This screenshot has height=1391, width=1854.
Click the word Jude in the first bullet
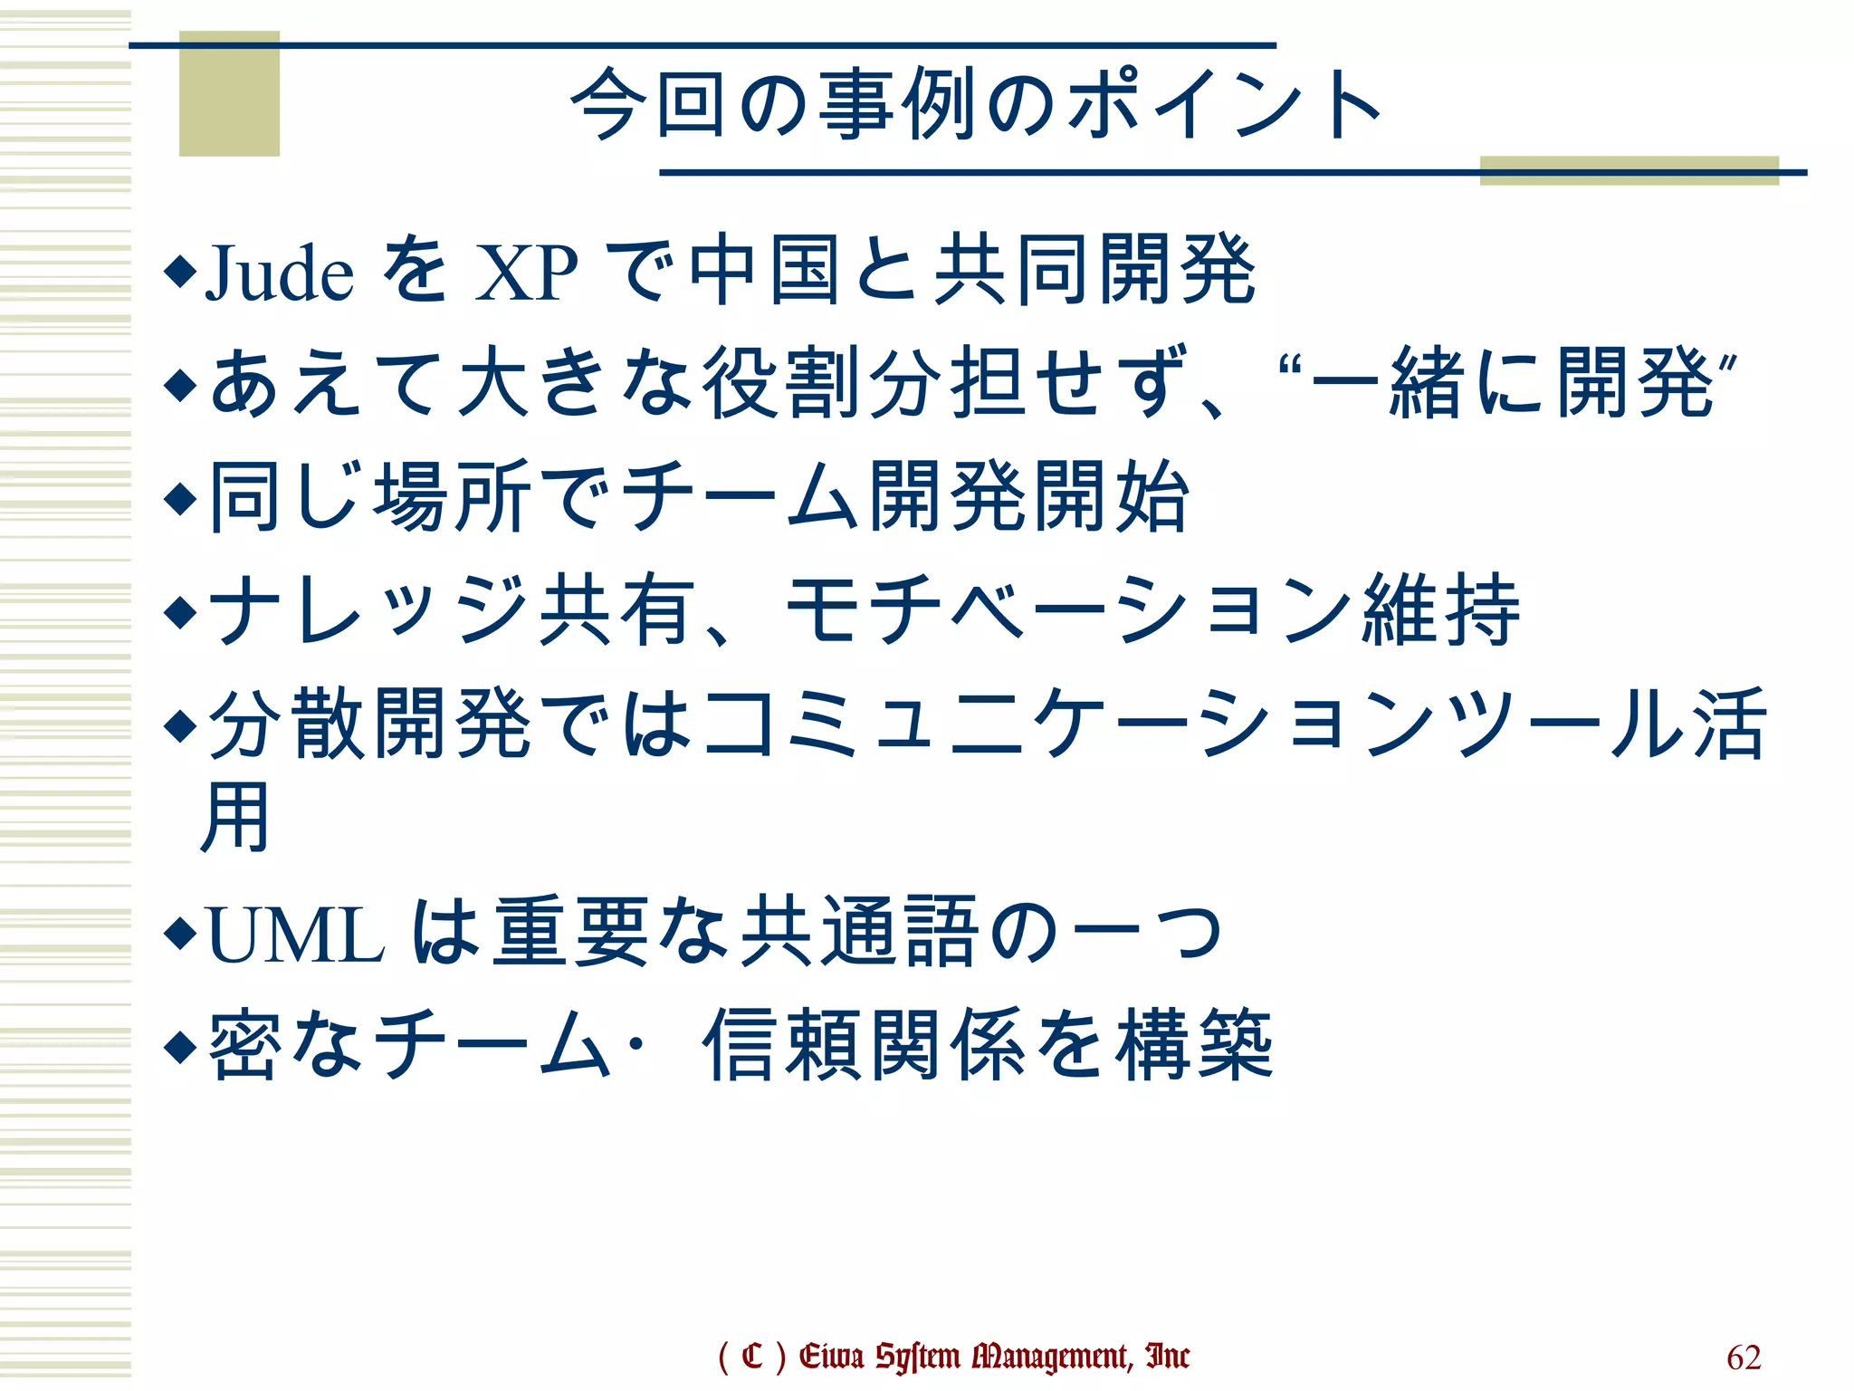click(x=280, y=273)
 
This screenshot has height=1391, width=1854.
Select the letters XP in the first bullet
click(x=526, y=273)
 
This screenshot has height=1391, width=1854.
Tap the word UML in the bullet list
click(x=296, y=935)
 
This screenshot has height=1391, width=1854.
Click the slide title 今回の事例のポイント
click(x=976, y=105)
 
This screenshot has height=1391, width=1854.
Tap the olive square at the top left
click(x=229, y=94)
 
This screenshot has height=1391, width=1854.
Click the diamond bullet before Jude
click(x=180, y=271)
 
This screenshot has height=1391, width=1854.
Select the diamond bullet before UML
click(x=180, y=933)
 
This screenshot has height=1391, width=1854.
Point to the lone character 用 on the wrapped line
click(x=234, y=817)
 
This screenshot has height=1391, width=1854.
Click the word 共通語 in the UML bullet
click(x=859, y=933)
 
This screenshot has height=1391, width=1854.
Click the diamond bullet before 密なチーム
click(x=180, y=1046)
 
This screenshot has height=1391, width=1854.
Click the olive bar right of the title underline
click(x=1629, y=170)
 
